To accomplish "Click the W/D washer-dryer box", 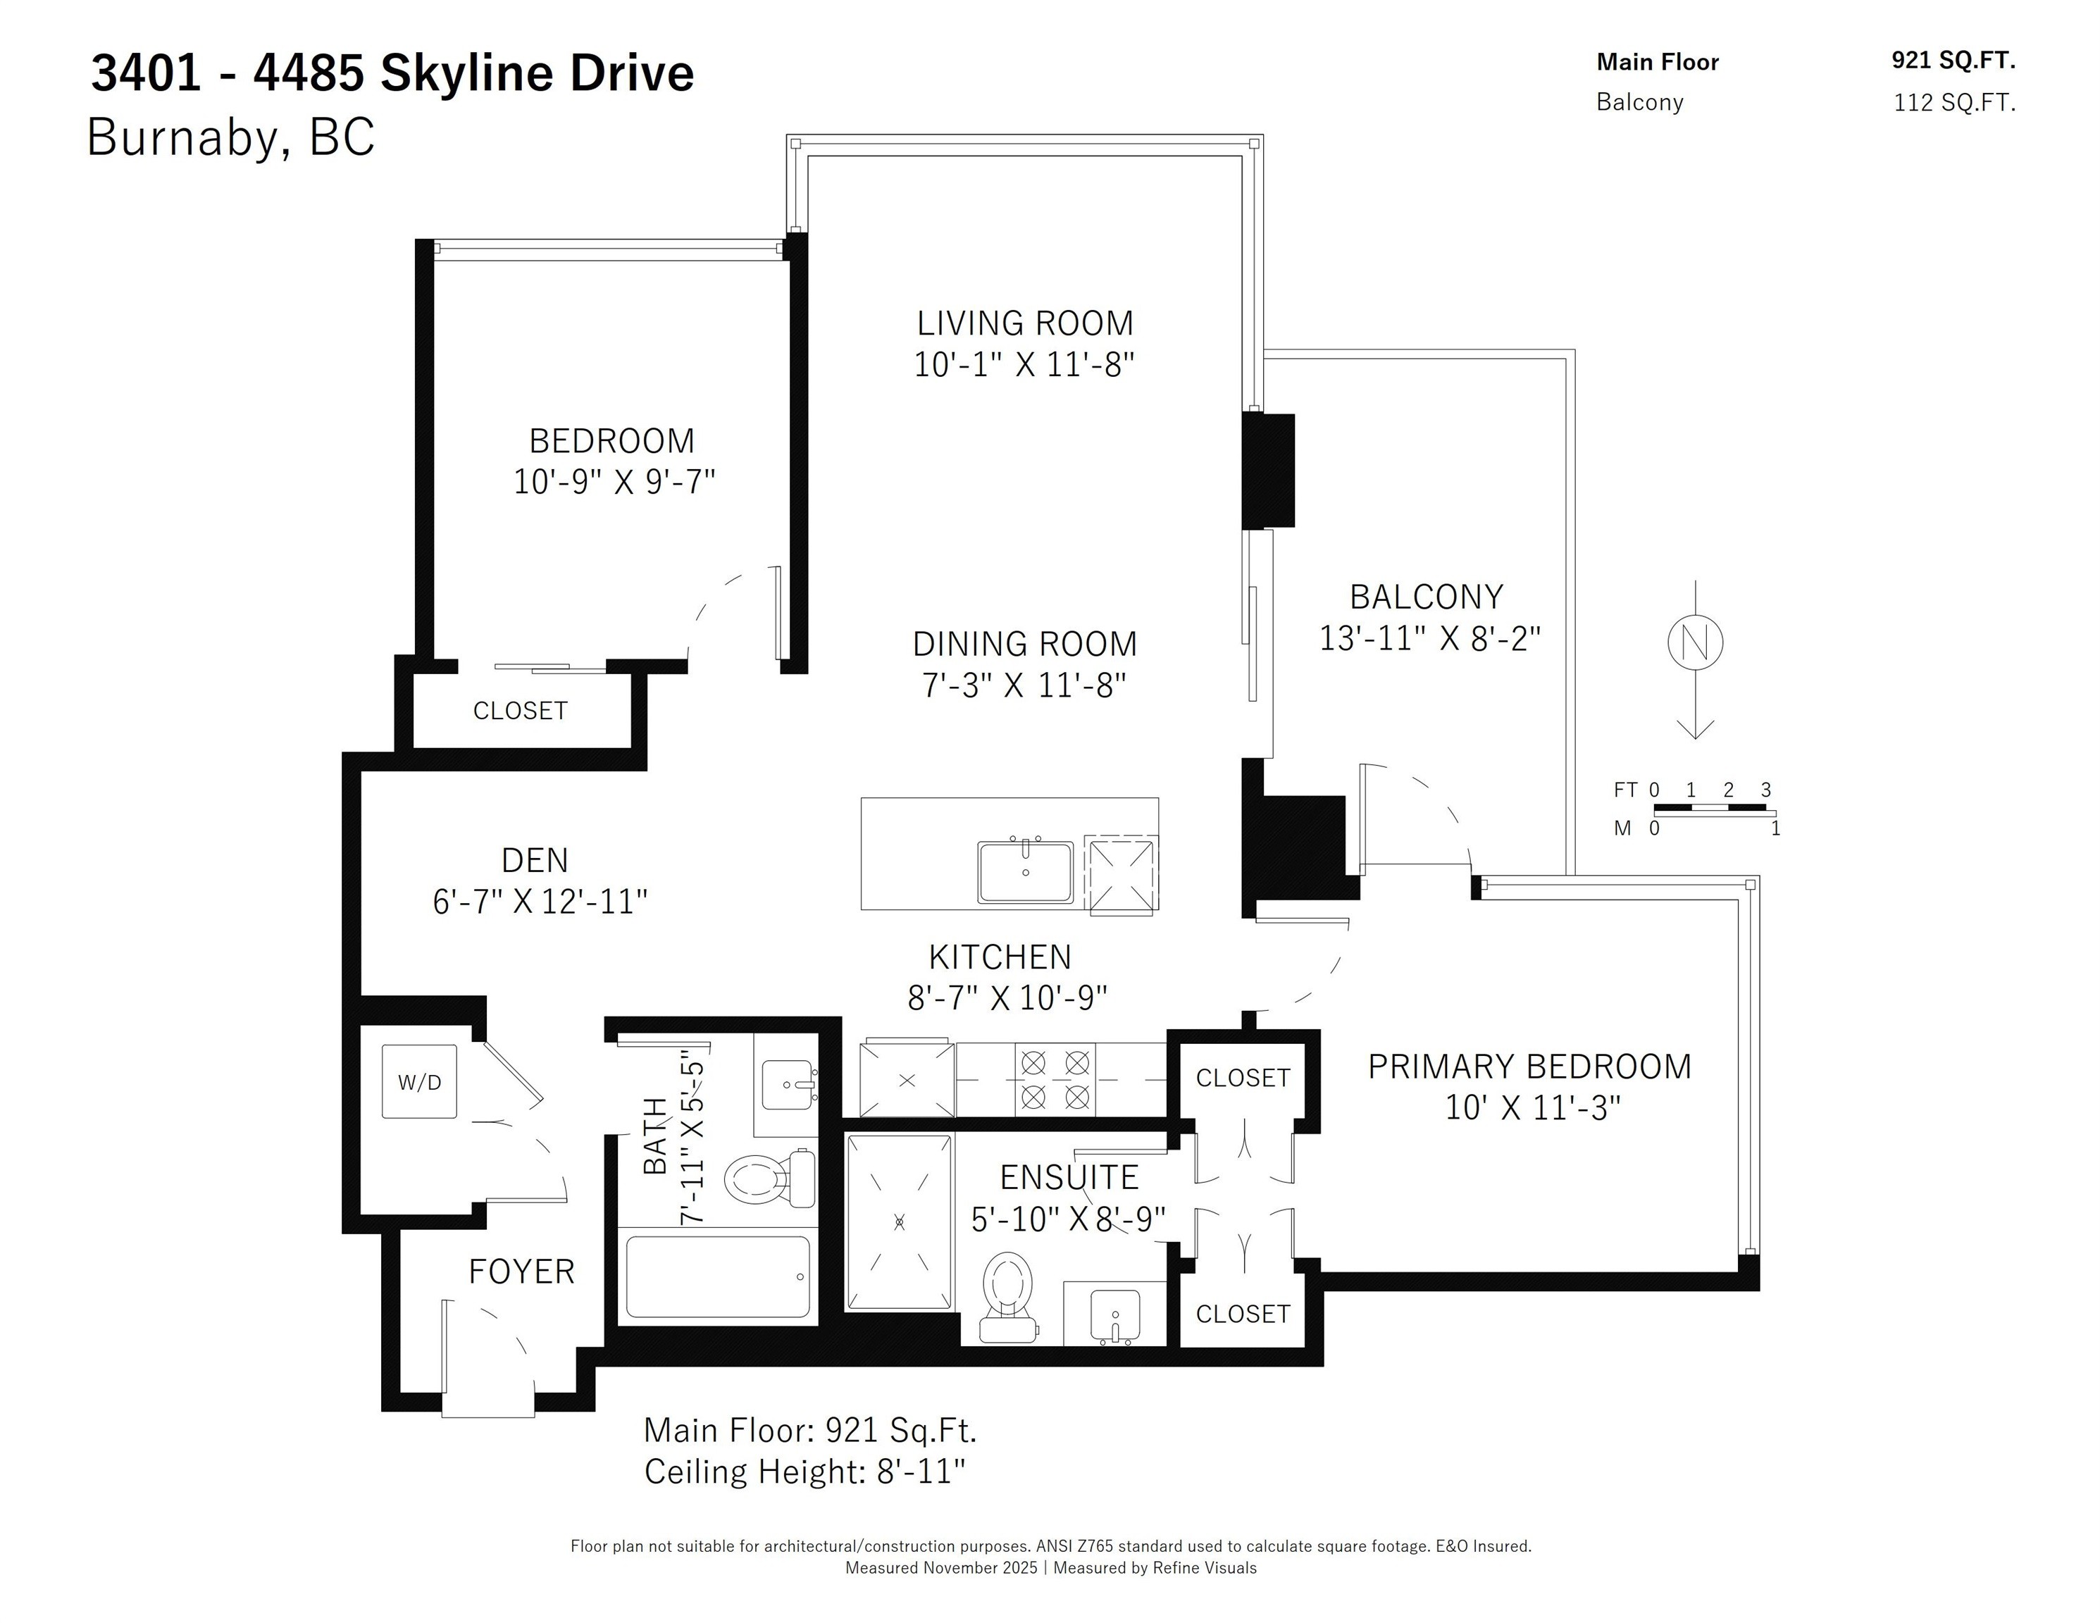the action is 419,1082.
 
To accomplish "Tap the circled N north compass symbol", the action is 1694,642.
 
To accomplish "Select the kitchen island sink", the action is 1025,872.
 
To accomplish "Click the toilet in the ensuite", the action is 1007,1297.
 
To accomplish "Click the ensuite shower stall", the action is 899,1222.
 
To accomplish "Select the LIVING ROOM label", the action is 1025,323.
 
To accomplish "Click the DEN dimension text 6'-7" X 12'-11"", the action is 540,902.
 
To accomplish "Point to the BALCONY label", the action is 1427,597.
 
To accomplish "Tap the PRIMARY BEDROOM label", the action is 1530,1067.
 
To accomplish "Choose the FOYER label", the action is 521,1272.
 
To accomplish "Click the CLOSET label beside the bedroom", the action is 520,711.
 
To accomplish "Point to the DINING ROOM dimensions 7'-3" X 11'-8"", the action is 1025,685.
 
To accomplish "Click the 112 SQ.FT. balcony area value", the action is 1955,103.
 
